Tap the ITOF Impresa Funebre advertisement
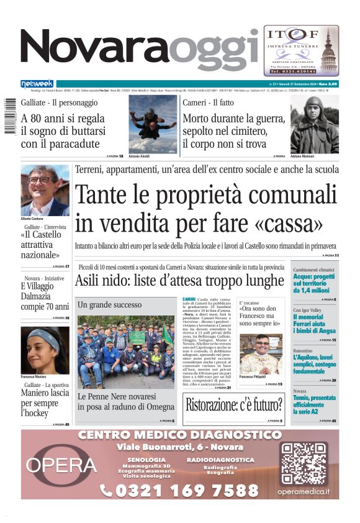point(302,50)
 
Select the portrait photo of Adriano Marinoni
point(315,124)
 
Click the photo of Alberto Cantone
point(45,190)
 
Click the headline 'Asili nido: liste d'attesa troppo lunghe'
point(179,281)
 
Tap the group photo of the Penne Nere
point(126,351)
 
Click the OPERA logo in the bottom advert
point(61,465)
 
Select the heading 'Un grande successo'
point(109,305)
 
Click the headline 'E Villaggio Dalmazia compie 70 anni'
point(45,296)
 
